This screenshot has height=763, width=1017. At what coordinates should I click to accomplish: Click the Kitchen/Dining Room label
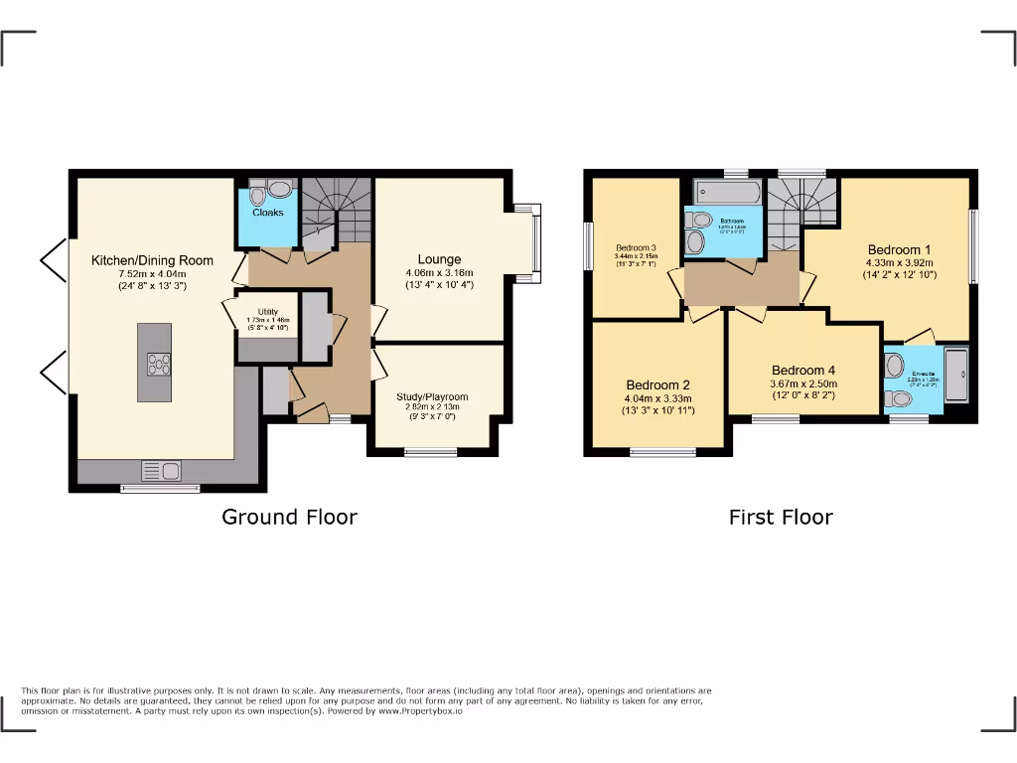point(152,260)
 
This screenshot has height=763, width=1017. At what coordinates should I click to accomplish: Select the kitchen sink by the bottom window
point(159,470)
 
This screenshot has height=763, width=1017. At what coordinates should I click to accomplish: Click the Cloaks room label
point(267,213)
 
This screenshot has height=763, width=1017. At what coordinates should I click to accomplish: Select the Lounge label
point(439,259)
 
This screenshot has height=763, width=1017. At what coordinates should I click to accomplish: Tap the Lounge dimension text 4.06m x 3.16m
point(439,273)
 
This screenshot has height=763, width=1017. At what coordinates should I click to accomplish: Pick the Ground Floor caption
point(289,517)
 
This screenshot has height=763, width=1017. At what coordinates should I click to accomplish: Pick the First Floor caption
point(781,517)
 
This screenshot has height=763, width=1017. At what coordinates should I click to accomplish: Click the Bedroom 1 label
point(900,249)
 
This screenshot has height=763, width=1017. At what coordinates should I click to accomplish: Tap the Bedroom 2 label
point(657,384)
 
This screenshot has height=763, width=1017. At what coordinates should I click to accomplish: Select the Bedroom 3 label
point(637,247)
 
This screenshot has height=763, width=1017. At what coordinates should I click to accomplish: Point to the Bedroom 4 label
point(803,370)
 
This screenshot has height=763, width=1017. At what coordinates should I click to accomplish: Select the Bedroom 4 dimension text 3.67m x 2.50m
point(803,383)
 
